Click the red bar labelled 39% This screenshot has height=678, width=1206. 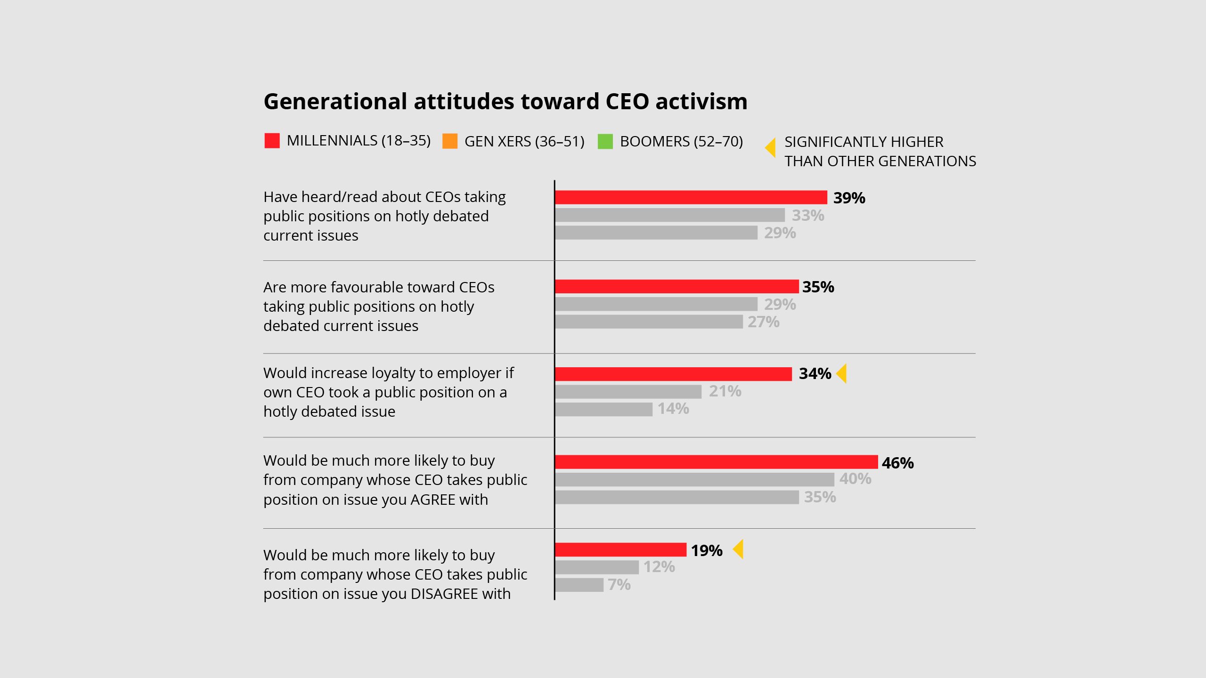[x=691, y=197]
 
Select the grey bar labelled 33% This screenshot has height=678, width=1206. [x=669, y=215]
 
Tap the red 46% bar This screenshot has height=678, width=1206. [x=716, y=462]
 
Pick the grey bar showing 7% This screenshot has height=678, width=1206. [x=579, y=585]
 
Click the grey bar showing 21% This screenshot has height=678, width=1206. [x=628, y=391]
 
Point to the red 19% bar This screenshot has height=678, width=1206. [x=620, y=549]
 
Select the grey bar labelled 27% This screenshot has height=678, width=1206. [x=649, y=322]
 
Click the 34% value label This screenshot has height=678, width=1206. [x=815, y=374]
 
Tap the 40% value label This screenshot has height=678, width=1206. [x=855, y=479]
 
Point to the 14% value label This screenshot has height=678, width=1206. [x=673, y=409]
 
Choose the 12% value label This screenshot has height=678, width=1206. [x=659, y=567]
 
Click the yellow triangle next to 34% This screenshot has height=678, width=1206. [x=842, y=373]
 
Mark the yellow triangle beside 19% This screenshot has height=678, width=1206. [x=738, y=549]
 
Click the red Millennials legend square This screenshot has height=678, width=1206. [x=272, y=141]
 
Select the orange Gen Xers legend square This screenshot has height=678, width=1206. [x=450, y=141]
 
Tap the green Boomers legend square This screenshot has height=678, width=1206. [x=605, y=141]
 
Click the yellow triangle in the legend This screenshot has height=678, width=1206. [x=770, y=148]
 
